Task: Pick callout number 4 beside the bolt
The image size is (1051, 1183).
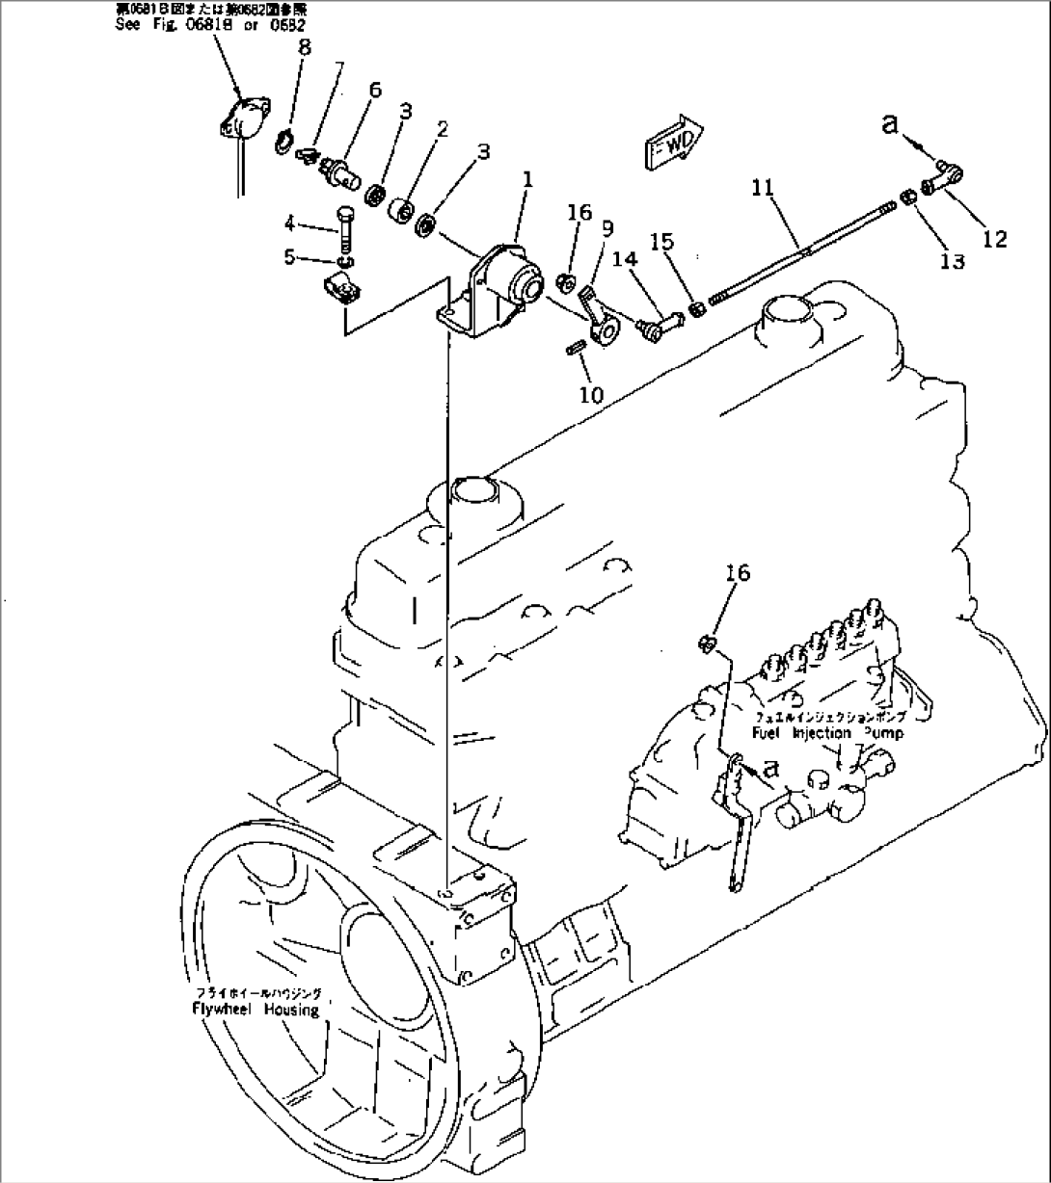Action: pos(290,225)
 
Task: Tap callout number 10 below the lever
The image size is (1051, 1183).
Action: pos(591,394)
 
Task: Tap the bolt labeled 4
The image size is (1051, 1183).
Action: pos(347,231)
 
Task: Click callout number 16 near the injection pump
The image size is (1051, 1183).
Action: pos(737,573)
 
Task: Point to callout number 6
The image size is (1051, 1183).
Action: pos(374,91)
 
